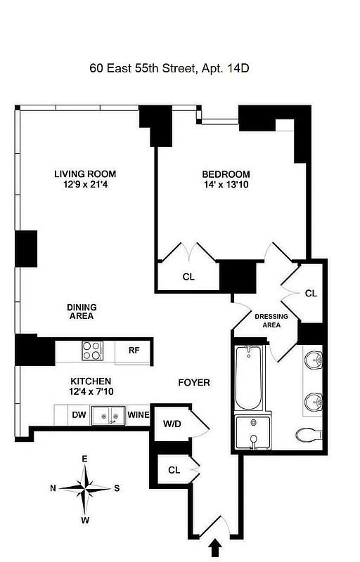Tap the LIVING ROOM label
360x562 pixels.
tap(85, 174)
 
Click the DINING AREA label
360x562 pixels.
tap(81, 311)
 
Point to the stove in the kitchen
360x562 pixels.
tap(93, 349)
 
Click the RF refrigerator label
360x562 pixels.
tap(134, 350)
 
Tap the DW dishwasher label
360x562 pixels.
tap(79, 415)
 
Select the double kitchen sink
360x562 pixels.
tap(110, 416)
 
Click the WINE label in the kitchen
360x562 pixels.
tap(139, 415)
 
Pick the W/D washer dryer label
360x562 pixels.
tap(172, 424)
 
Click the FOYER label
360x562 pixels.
tap(194, 382)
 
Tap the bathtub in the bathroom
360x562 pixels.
tap(247, 379)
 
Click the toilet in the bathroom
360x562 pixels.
tap(307, 435)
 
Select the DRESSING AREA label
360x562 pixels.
tap(271, 320)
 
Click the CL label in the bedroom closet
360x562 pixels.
tap(188, 277)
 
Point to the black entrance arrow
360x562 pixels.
tap(216, 547)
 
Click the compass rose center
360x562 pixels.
tap(84, 488)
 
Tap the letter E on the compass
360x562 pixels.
tap(84, 459)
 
